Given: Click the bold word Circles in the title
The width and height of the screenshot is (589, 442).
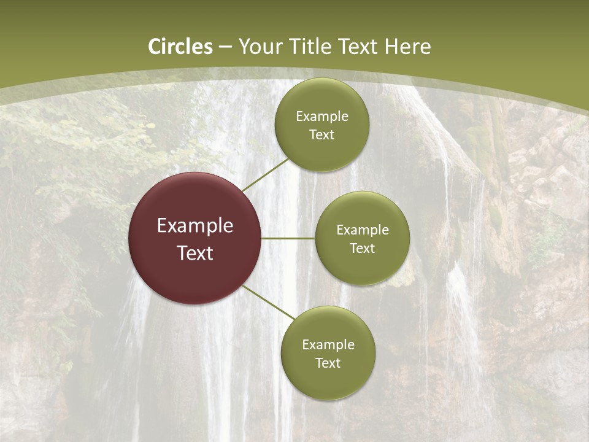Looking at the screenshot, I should pyautogui.click(x=180, y=47).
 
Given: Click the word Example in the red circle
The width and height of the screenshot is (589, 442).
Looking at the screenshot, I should pyautogui.click(x=195, y=226).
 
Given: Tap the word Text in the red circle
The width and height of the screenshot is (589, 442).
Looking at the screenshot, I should pyautogui.click(x=195, y=253).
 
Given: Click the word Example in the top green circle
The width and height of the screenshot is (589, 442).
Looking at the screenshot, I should pyautogui.click(x=322, y=117).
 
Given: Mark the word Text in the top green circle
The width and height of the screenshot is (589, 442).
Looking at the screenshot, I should pyautogui.click(x=321, y=135).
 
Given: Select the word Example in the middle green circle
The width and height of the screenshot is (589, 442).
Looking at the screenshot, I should pyautogui.click(x=363, y=230).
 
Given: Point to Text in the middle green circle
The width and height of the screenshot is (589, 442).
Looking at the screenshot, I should pyautogui.click(x=363, y=249).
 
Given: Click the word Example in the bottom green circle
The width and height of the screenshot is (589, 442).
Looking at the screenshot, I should pyautogui.click(x=328, y=345).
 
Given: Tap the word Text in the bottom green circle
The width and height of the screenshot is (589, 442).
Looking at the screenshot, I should pyautogui.click(x=328, y=363).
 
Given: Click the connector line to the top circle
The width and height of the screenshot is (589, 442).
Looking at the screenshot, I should pyautogui.click(x=265, y=174).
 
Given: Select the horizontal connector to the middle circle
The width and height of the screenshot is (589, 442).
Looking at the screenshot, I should pyautogui.click(x=288, y=238).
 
